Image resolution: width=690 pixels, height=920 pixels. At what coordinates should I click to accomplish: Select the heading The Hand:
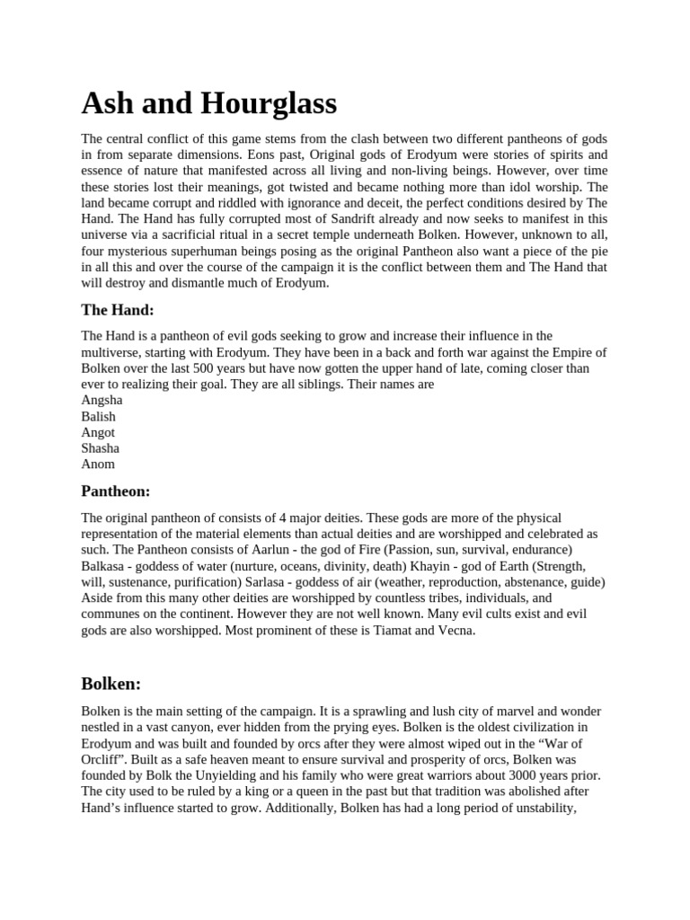click(x=118, y=310)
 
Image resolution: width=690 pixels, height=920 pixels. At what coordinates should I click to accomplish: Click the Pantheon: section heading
click(x=116, y=491)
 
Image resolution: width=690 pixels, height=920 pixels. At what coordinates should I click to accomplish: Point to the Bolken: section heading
click(x=111, y=684)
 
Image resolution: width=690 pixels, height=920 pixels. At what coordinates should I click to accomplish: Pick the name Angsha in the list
click(x=102, y=400)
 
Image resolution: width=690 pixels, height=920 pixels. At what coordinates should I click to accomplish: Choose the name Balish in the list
click(x=98, y=416)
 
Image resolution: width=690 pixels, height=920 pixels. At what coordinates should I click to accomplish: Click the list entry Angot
click(x=98, y=432)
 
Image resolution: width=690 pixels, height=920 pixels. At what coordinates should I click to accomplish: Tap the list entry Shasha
click(x=100, y=448)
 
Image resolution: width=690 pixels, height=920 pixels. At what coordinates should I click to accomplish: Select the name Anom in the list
click(x=98, y=464)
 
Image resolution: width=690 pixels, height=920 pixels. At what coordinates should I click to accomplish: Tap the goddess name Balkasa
click(x=105, y=566)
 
